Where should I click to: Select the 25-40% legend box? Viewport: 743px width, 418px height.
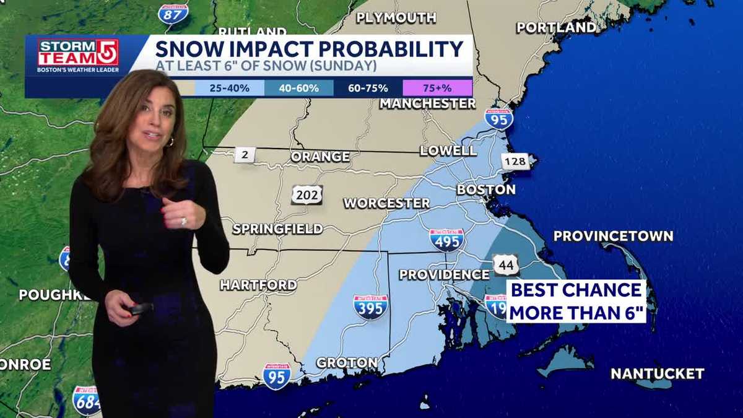229,88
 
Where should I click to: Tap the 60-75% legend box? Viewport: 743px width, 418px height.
368,88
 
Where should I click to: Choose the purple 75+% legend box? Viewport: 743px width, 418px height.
437,88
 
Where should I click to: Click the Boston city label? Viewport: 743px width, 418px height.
486,189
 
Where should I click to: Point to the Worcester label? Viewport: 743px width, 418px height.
386,203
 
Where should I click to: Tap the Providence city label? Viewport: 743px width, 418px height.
444,274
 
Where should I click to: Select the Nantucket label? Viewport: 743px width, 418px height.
657,373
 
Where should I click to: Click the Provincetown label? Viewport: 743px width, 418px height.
613,236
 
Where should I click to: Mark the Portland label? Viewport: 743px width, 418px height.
556,27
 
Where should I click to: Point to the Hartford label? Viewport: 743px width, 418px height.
258,285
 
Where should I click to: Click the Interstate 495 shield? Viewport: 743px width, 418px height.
446,239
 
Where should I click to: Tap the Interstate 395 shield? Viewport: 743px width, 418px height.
370,307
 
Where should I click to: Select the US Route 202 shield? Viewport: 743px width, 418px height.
307,194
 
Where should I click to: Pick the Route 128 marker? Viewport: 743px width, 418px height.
515,162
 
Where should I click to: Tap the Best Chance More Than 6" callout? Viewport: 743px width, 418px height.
576,301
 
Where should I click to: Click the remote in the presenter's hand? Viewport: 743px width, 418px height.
140,308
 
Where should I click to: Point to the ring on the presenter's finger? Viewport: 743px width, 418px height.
183,221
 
